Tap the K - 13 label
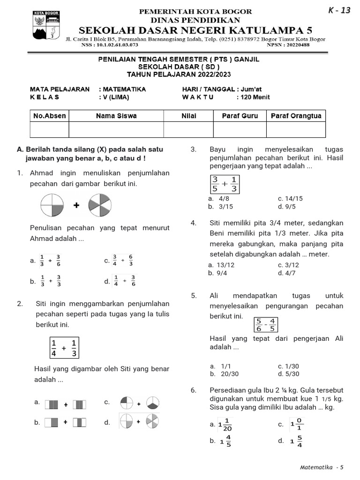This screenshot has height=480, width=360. click(339, 11)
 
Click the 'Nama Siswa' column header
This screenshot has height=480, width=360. click(116, 116)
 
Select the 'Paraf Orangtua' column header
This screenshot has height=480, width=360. click(296, 116)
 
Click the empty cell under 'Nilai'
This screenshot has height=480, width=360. click(188, 129)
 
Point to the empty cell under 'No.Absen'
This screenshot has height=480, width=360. click(49, 129)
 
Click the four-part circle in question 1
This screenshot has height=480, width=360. click(52, 205)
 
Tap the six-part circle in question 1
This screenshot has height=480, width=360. click(99, 205)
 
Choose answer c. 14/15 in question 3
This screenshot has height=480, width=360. click(290, 198)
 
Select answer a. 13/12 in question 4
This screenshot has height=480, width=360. click(221, 265)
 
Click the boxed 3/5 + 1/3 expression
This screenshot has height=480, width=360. click(225, 184)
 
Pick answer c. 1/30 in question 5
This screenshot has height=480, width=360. click(288, 366)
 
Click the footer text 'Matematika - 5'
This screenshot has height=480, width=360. click(322, 467)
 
